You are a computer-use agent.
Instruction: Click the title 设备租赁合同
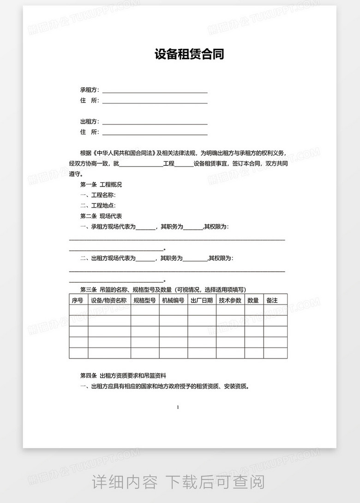point(189,55)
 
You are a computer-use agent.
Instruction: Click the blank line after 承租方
point(155,90)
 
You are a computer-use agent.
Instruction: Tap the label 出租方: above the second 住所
point(90,122)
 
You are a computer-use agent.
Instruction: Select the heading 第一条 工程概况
point(101,185)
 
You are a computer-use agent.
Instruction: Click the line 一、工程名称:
point(95,195)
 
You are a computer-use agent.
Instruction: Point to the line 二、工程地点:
point(97,205)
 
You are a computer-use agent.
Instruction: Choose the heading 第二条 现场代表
point(101,216)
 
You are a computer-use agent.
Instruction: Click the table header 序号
point(78,300)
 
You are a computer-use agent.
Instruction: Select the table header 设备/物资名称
point(109,300)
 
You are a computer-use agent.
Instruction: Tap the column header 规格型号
point(144,300)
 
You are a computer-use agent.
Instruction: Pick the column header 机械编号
point(173,300)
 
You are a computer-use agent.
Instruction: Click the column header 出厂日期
point(202,300)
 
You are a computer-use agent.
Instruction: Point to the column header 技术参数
point(230,300)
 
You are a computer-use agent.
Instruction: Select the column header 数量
point(253,300)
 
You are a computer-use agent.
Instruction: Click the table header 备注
point(272,300)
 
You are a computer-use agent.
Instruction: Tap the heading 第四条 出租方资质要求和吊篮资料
point(123,377)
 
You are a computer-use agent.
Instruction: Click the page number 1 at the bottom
point(178,407)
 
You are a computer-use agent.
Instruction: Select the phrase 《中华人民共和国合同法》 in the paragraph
point(125,153)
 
